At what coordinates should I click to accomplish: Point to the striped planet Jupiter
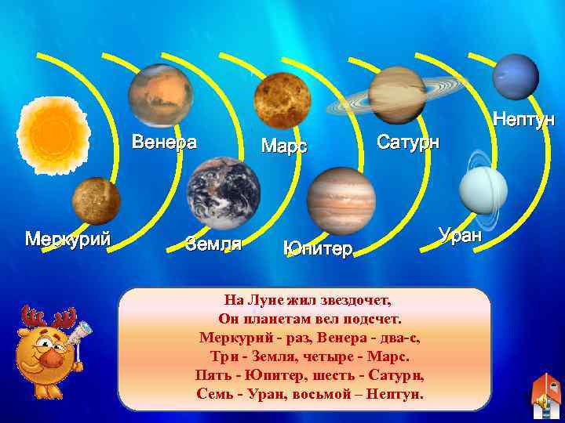(x=341, y=201)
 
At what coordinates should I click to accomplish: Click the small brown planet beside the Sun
(x=96, y=200)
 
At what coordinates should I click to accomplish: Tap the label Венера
(x=164, y=143)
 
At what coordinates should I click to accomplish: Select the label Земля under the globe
(x=213, y=244)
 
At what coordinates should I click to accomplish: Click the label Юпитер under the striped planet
(x=318, y=249)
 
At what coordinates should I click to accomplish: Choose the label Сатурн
(x=408, y=143)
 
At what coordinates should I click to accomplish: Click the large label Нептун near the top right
(x=523, y=120)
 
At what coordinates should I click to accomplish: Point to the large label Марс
(x=283, y=146)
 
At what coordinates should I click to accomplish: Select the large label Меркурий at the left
(x=67, y=237)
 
